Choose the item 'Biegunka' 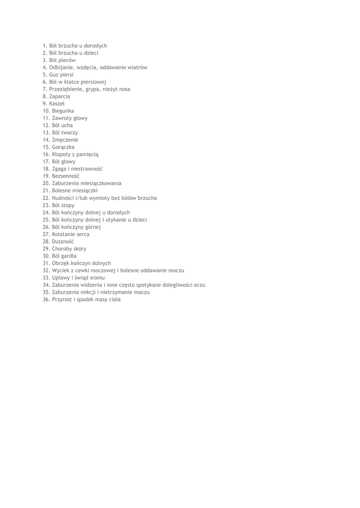(63, 111)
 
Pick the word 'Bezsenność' (66, 176)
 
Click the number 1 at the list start (45, 46)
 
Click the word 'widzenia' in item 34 (90, 285)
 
